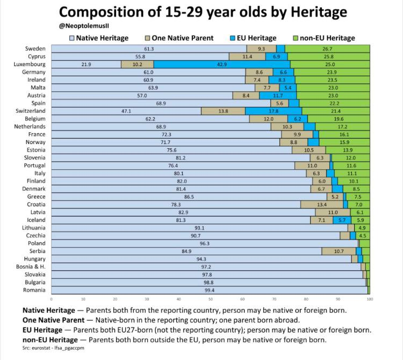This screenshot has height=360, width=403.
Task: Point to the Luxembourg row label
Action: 30,64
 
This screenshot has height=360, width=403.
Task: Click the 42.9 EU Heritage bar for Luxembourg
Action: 222,64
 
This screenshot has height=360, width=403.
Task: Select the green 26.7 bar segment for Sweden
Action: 327,49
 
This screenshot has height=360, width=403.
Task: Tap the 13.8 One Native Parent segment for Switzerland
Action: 223,111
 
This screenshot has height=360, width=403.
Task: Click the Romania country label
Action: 34,290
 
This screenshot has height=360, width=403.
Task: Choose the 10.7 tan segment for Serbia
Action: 339,251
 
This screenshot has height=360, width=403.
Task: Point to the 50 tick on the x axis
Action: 211,298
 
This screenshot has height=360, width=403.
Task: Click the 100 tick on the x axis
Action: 370,298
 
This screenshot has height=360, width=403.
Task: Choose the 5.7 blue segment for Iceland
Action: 342,220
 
